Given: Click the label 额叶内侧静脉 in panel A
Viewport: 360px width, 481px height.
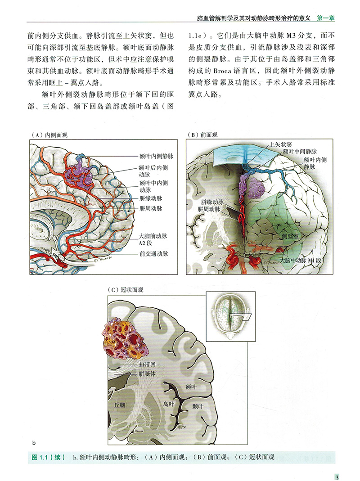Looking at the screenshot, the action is pyautogui.click(x=157, y=157).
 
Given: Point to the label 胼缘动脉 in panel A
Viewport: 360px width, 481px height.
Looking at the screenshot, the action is pyautogui.click(x=151, y=198).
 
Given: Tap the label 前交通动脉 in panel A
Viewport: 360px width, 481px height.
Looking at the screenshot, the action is pyautogui.click(x=154, y=254).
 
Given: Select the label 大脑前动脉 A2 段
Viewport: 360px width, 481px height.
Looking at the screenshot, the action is pyautogui.click(x=153, y=239).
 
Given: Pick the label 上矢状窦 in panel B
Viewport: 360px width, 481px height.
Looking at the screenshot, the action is pyautogui.click(x=280, y=144).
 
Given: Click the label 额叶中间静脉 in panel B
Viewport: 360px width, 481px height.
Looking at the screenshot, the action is pyautogui.click(x=300, y=151).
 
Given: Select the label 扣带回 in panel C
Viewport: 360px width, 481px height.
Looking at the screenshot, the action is pyautogui.click(x=147, y=364).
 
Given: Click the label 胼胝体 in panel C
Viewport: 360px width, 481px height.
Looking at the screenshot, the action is pyautogui.click(x=147, y=374).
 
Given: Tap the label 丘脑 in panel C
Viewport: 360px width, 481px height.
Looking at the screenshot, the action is pyautogui.click(x=120, y=405).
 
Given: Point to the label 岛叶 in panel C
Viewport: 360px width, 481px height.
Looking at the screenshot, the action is pyautogui.click(x=168, y=404).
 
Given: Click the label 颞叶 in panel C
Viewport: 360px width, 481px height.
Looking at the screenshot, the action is pyautogui.click(x=198, y=406).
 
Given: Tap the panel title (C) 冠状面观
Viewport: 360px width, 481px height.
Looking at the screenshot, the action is pyautogui.click(x=126, y=290).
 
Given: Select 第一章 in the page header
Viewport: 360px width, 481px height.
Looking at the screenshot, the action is pyautogui.click(x=326, y=18).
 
